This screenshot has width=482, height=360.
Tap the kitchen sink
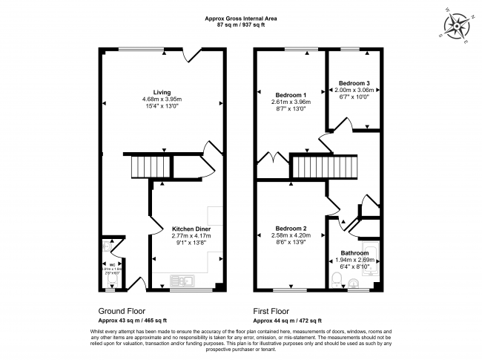click(x=182, y=280)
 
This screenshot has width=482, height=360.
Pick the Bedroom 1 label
click(x=291, y=95)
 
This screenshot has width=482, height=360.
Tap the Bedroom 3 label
click(x=354, y=82)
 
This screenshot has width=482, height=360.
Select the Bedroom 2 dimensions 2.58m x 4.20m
click(x=289, y=236)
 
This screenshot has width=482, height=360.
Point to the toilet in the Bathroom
click(x=337, y=279)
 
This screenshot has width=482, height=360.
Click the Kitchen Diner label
click(x=191, y=229)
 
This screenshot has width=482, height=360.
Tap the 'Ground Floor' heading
click(x=122, y=311)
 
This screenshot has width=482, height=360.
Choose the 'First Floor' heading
click(x=271, y=311)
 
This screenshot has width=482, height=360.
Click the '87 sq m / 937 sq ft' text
click(x=240, y=24)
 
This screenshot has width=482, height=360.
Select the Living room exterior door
click(x=195, y=54)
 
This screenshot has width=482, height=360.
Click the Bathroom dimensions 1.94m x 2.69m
click(x=354, y=261)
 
